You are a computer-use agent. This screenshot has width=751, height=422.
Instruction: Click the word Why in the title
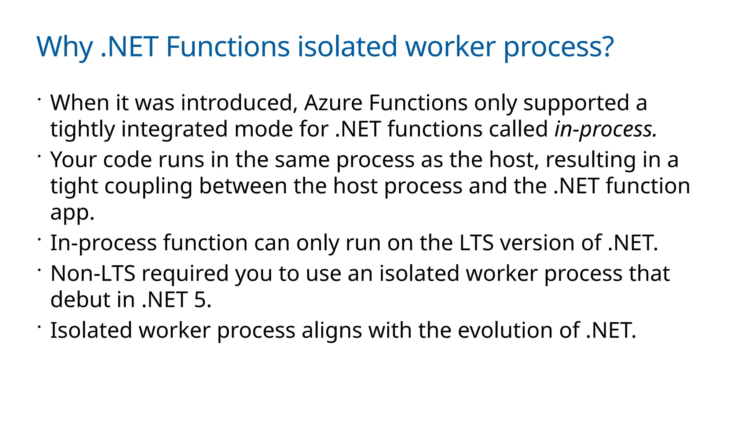tap(65, 47)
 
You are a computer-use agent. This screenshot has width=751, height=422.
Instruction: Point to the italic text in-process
tap(605, 129)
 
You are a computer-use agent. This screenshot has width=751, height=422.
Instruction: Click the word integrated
tap(175, 129)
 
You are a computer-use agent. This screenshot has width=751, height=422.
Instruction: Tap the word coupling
tap(148, 186)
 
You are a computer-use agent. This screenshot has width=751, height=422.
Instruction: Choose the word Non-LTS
tap(93, 273)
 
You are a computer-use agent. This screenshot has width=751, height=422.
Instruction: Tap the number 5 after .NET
tap(200, 300)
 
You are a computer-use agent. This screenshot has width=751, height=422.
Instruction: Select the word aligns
tap(331, 330)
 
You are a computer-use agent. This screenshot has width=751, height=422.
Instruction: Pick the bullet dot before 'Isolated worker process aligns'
tap(39, 326)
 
